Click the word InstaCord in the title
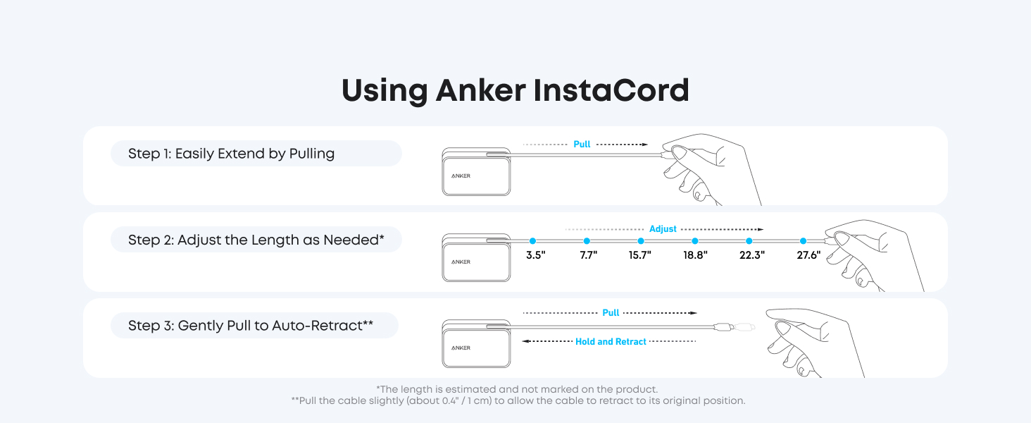tap(611, 90)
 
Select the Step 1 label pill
tap(256, 154)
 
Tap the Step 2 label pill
tap(256, 240)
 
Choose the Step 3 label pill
tap(254, 325)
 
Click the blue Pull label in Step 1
tap(582, 145)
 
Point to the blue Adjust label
tap(663, 229)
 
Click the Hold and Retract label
tap(611, 341)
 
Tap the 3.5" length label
tap(536, 255)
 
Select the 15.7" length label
tap(640, 255)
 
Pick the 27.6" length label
tap(808, 255)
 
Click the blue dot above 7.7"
tap(587, 241)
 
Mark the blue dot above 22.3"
tap(749, 241)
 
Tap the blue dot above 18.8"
tap(695, 241)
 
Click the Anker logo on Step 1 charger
tap(461, 176)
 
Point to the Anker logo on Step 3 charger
tap(461, 348)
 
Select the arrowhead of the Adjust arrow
tap(761, 229)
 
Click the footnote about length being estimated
tap(517, 389)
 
